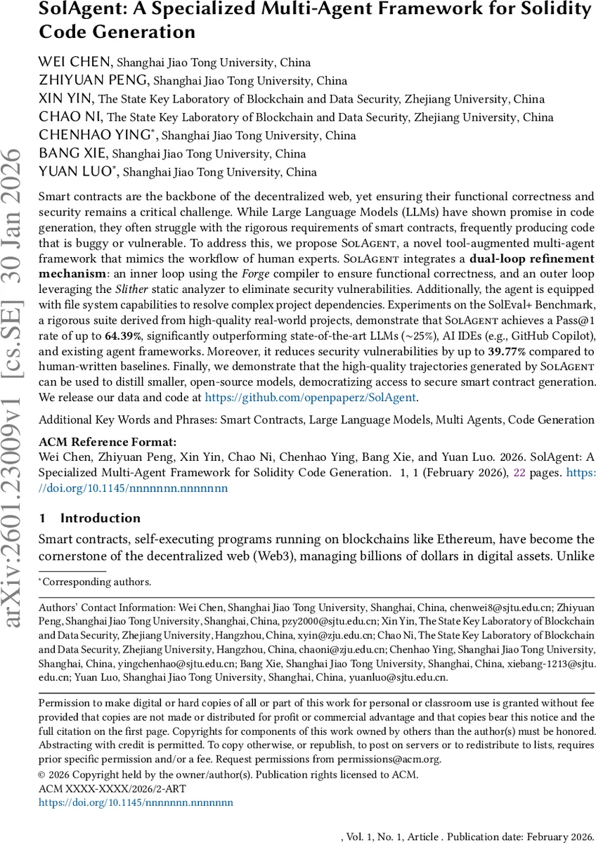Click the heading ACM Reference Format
point(108,442)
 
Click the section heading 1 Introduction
point(90,518)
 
